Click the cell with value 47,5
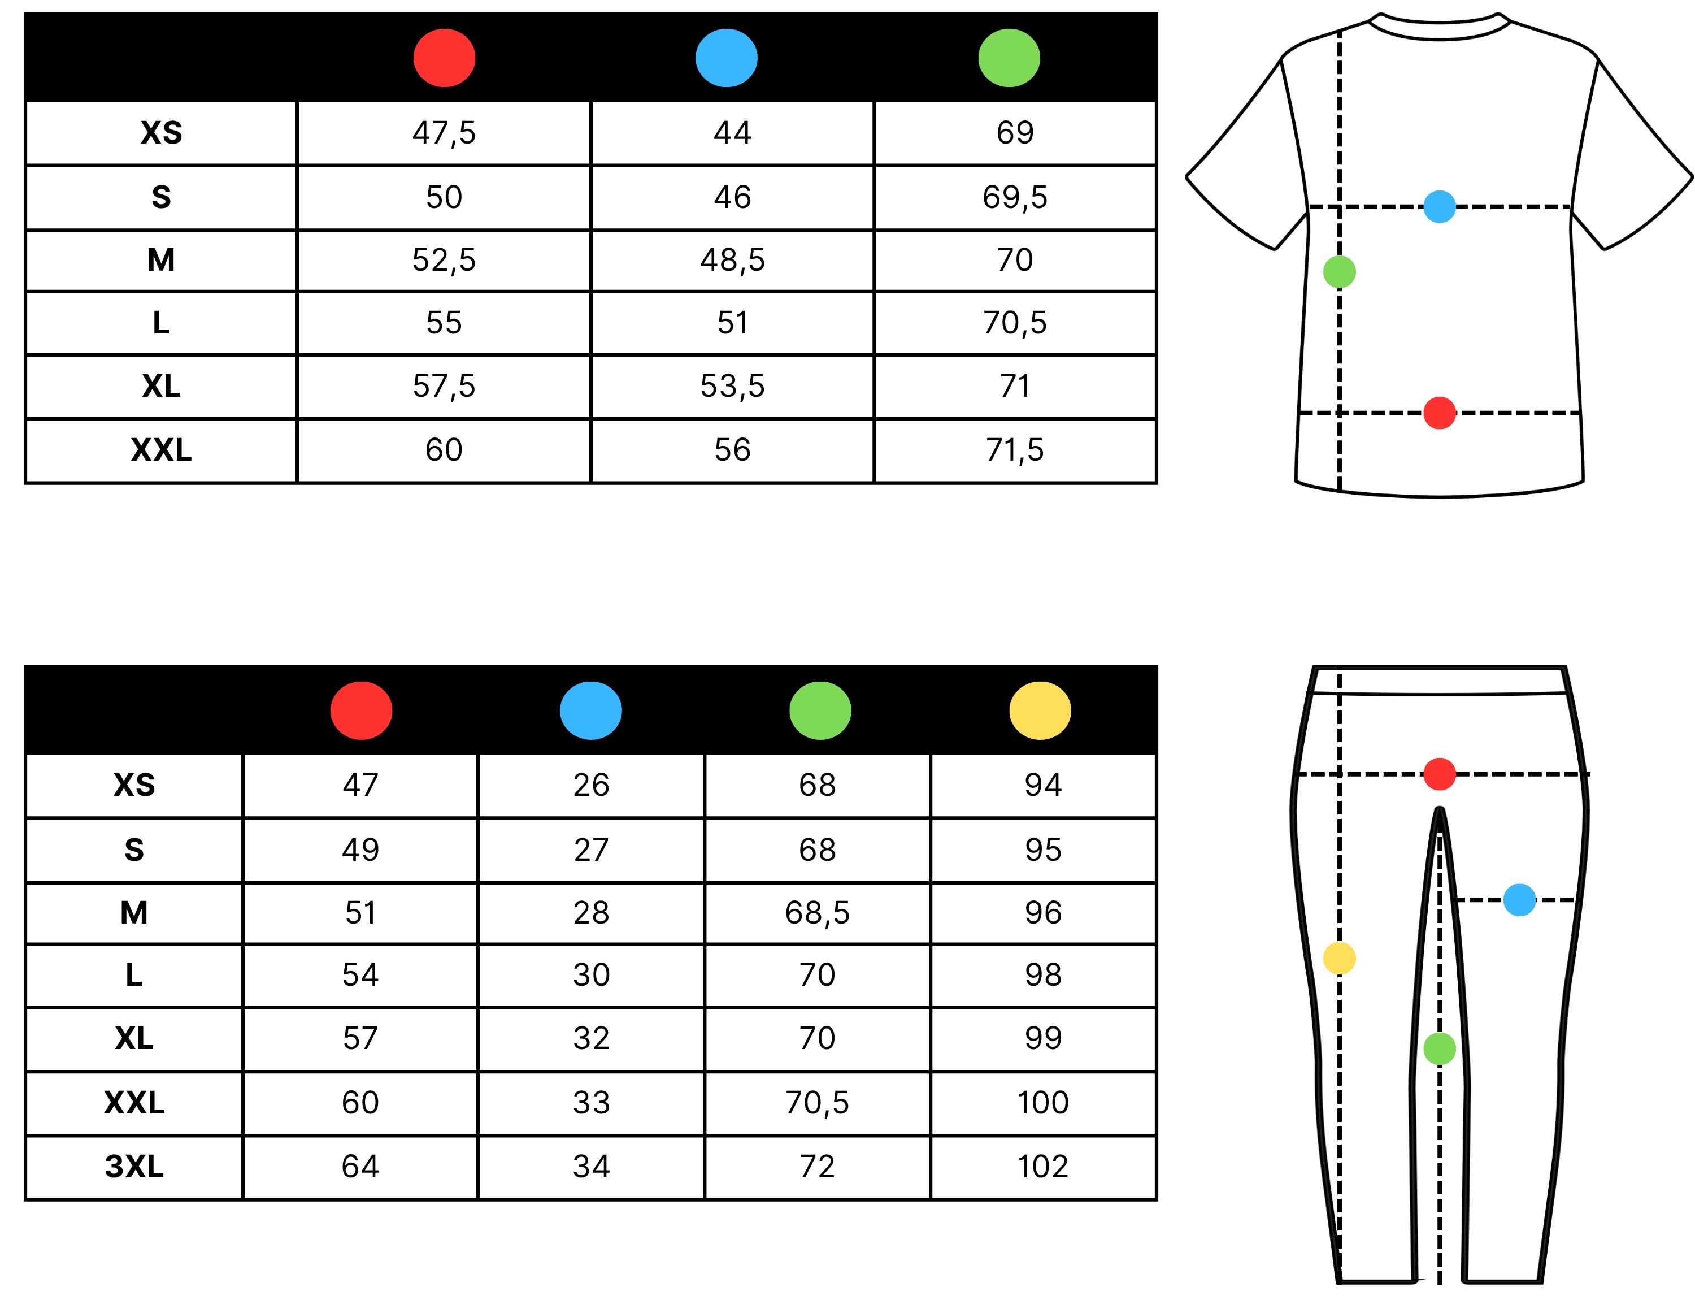pyautogui.click(x=444, y=133)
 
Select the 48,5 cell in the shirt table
pyautogui.click(x=732, y=260)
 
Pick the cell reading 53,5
pyautogui.click(x=732, y=386)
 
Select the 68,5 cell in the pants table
pyautogui.click(x=817, y=913)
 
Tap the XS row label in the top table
pyautogui.click(x=161, y=133)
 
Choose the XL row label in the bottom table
pyautogui.click(x=134, y=1038)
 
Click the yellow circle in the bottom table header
pyautogui.click(x=1040, y=710)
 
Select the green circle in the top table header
pyautogui.click(x=1009, y=58)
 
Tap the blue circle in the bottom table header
pyautogui.click(x=590, y=710)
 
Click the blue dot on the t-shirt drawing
pyautogui.click(x=1439, y=207)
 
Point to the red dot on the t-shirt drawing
pyautogui.click(x=1439, y=413)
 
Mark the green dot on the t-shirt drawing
pyautogui.click(x=1339, y=272)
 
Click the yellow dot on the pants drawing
pyautogui.click(x=1339, y=958)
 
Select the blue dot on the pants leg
pyautogui.click(x=1519, y=900)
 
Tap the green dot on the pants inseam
pyautogui.click(x=1439, y=1048)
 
